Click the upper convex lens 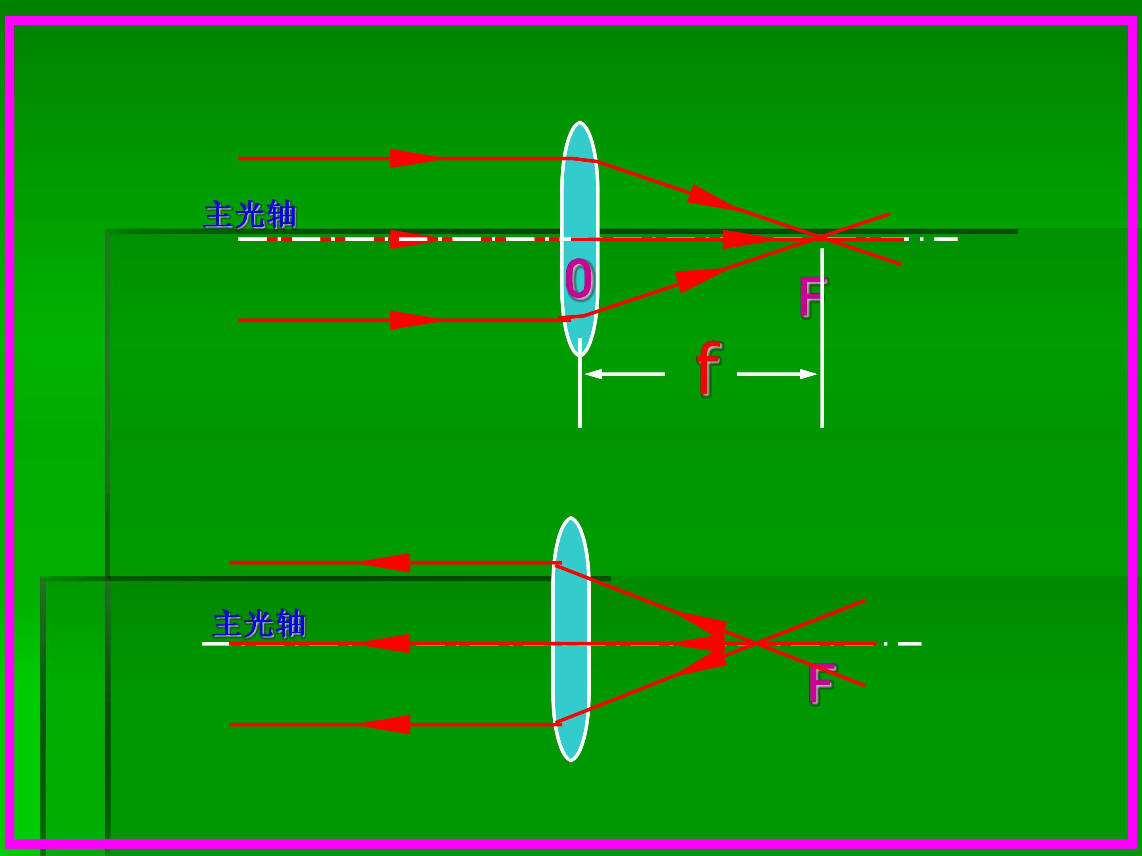click(580, 239)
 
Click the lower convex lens click(571, 639)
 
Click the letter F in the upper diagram click(812, 297)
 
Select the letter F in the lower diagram click(821, 683)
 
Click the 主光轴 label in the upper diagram click(250, 215)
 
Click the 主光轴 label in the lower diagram click(259, 624)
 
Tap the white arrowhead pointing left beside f click(593, 374)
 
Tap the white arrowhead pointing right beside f click(809, 374)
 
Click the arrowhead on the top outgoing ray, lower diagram click(385, 562)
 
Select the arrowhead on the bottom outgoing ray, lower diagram click(385, 724)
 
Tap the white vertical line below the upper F click(822, 338)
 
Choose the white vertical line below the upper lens click(580, 383)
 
